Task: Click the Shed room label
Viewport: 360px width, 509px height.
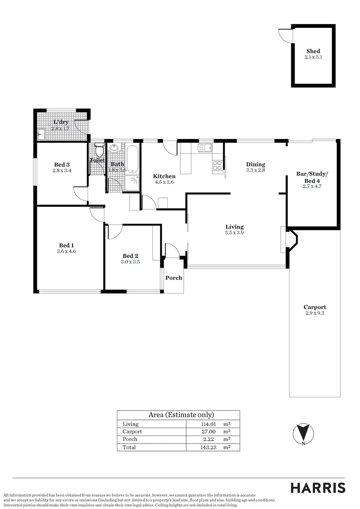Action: (313, 51)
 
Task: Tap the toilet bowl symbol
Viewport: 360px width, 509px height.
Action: (99, 151)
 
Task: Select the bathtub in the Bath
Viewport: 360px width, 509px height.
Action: (132, 158)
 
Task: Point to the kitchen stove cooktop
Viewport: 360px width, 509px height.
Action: (218, 165)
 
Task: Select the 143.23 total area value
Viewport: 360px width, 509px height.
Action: (209, 447)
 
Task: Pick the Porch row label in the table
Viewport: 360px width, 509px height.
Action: (130, 439)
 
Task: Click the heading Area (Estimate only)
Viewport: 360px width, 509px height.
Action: (181, 415)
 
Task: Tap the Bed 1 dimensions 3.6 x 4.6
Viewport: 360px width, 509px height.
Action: (66, 252)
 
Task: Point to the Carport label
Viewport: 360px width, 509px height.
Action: (315, 307)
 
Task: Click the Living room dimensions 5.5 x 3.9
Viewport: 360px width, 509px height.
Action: (234, 233)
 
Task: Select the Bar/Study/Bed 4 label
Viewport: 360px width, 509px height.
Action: (311, 177)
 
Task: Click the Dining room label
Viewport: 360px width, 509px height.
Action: (256, 164)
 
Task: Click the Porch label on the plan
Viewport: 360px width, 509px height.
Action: (173, 278)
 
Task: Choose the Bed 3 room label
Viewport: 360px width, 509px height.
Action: (62, 164)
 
